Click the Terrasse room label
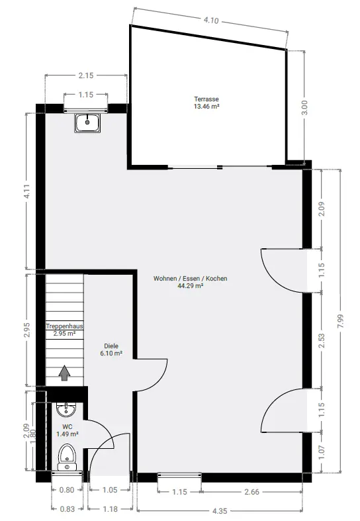(x=206, y=99)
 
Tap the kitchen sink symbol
(x=87, y=123)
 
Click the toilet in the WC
(x=67, y=457)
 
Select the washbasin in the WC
(x=66, y=409)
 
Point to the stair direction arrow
(x=64, y=373)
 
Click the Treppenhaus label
(x=64, y=326)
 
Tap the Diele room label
(x=111, y=346)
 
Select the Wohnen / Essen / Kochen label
(x=191, y=279)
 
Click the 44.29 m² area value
(x=191, y=286)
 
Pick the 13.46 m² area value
(x=206, y=107)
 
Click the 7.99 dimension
(x=341, y=321)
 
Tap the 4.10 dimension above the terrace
(x=211, y=21)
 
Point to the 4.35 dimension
(x=220, y=510)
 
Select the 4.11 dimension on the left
(x=27, y=191)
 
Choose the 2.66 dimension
(x=251, y=491)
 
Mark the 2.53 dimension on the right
(x=322, y=340)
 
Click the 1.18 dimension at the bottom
(x=111, y=508)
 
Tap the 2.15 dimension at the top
(x=85, y=75)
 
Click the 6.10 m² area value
(x=111, y=354)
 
